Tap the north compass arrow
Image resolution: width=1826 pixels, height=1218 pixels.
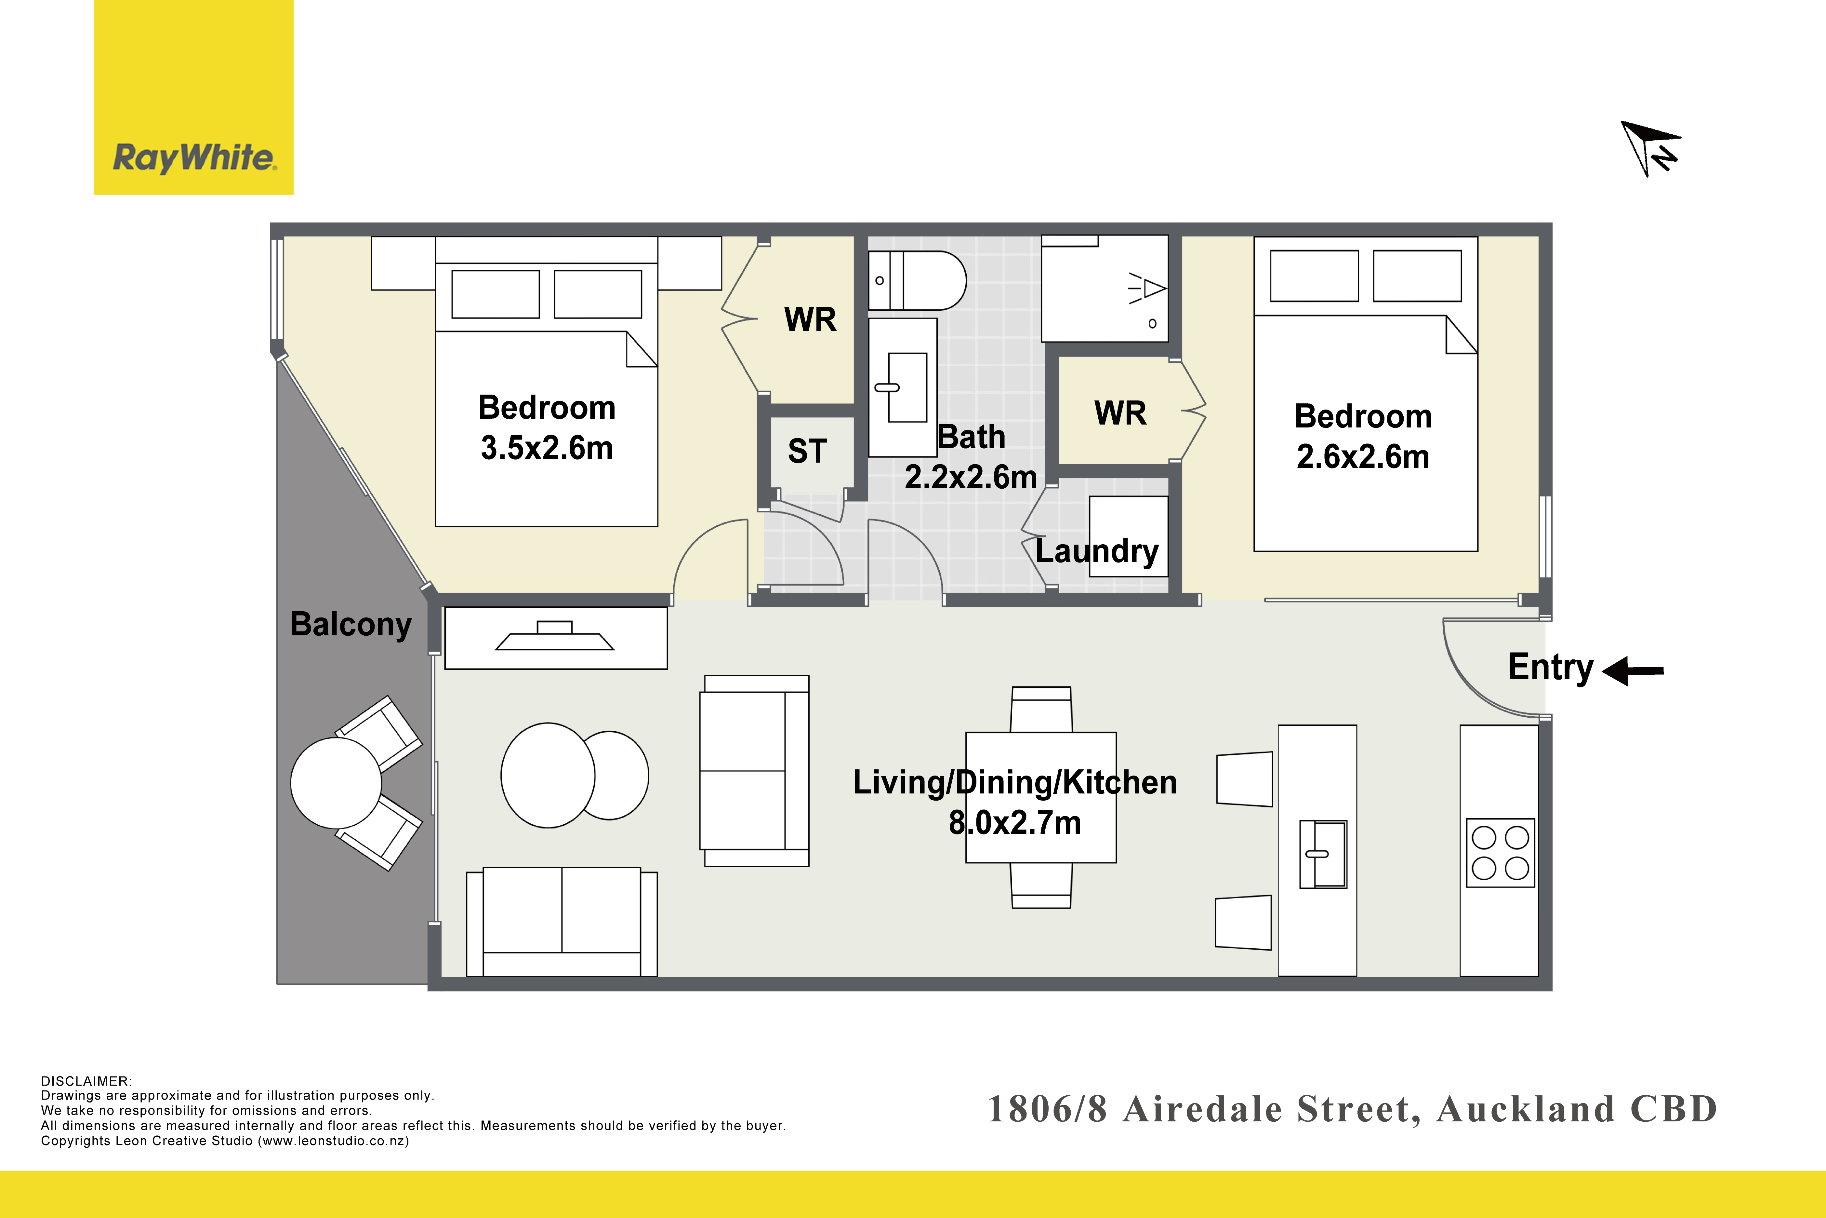tap(1650, 148)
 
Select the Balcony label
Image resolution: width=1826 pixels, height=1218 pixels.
tap(351, 625)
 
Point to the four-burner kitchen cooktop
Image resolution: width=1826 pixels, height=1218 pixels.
tap(1500, 853)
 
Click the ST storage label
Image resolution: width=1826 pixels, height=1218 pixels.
tap(807, 451)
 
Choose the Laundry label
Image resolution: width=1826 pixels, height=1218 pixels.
tap(1097, 551)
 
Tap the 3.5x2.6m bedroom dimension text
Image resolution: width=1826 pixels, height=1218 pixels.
tap(547, 448)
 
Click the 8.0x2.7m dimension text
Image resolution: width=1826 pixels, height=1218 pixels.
tap(1015, 823)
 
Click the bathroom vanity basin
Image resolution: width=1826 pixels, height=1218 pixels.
tap(902, 387)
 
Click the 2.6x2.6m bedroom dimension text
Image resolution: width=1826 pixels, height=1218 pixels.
tap(1363, 457)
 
